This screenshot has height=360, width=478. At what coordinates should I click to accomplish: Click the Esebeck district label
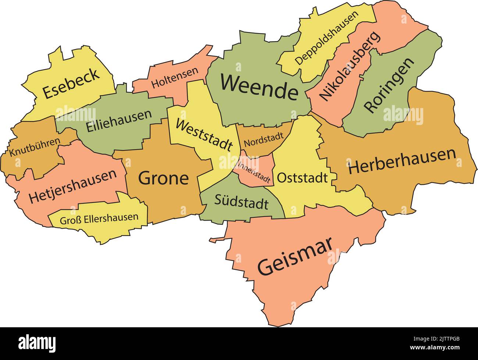pos(71,83)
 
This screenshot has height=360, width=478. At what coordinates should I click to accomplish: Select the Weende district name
pos(259,87)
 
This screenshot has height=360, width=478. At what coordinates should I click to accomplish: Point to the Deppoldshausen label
pos(327,38)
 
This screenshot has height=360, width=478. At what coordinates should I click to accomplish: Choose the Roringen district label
pos(389,85)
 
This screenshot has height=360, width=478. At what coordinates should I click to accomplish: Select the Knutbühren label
pos(35,147)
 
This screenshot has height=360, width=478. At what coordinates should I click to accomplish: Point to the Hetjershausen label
pos(73,186)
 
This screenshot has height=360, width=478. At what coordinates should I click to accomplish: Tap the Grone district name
pos(163,178)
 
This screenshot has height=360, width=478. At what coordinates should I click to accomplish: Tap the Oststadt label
pos(302,178)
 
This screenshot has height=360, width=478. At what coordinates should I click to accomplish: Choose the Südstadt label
pos(241,202)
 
